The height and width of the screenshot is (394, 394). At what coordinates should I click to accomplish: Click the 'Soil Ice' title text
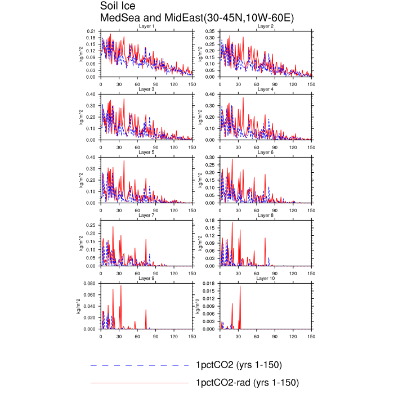pos(118,6)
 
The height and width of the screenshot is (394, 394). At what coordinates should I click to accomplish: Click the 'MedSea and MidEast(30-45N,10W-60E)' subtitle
pos(197,18)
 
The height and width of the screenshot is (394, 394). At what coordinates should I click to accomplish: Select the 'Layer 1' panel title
pos(146,26)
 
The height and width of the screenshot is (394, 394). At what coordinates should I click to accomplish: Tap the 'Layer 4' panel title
pos(266,89)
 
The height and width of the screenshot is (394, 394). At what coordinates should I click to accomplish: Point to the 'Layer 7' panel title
pos(146,216)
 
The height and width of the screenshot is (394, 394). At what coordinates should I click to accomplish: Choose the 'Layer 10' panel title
pos(266,279)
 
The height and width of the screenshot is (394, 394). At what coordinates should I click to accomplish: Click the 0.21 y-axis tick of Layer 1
pos(91,32)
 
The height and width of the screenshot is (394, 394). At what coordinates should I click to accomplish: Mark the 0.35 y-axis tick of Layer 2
pos(210,32)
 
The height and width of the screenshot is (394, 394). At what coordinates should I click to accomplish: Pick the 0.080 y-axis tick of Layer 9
pos(89,284)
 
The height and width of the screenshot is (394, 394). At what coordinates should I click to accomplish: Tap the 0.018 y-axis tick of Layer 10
pos(209,284)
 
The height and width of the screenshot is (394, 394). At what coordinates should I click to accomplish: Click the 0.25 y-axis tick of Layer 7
pos(91,225)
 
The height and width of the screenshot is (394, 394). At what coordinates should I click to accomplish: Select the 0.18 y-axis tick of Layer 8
pos(210,221)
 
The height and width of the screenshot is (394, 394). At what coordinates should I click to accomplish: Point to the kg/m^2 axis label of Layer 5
pos(81,180)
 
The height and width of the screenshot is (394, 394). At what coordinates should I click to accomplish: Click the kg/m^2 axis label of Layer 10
pos(198,306)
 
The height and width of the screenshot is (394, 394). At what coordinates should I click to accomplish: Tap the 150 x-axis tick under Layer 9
pos(192,337)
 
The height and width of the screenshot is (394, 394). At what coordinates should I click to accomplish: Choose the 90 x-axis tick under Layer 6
pos(275,211)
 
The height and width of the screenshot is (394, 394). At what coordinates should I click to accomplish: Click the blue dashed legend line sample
pos(140,365)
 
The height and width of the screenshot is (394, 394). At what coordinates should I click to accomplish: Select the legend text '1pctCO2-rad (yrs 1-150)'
pos(248,383)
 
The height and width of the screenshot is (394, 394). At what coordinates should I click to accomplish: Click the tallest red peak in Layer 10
pos(240,286)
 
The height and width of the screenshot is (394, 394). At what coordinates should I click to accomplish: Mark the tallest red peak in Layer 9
pos(121,285)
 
